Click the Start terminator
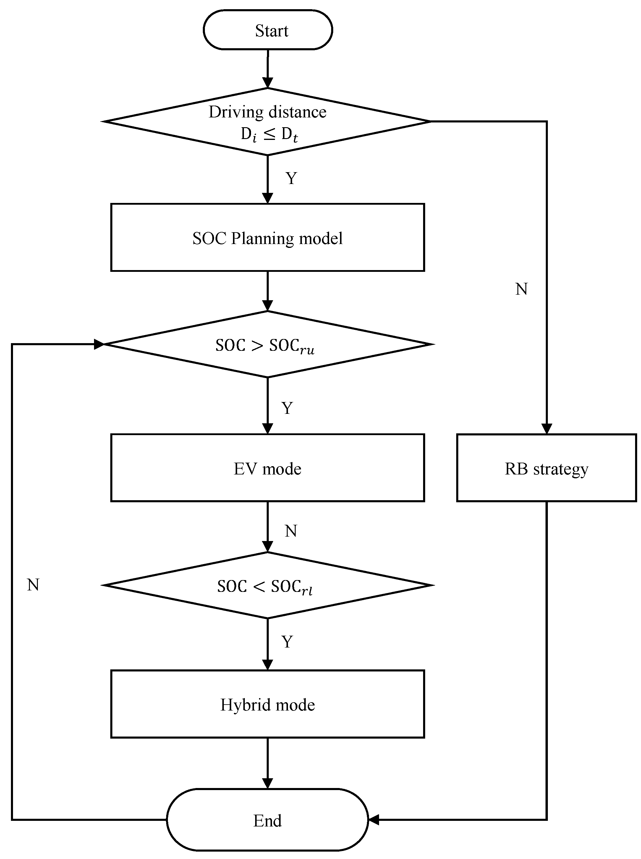268,30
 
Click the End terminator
267,821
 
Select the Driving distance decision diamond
267,122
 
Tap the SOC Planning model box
267,238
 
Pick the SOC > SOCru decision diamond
267,344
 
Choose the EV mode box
267,468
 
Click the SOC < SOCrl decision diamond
267,585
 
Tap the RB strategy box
546,468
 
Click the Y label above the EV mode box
287,408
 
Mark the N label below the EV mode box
291,531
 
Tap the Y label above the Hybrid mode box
287,642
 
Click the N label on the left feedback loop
33,585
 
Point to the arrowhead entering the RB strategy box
546,429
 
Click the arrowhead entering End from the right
373,820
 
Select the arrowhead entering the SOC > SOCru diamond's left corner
99,344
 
